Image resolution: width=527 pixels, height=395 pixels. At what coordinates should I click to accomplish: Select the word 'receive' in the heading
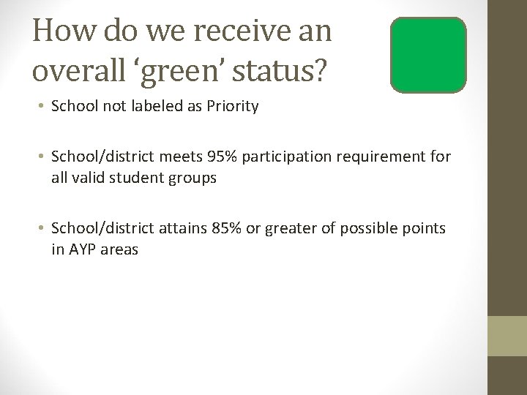click(231, 32)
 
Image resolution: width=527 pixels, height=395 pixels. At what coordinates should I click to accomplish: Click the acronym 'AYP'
click(86, 249)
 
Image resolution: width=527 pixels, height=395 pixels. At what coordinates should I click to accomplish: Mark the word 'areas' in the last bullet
click(122, 249)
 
